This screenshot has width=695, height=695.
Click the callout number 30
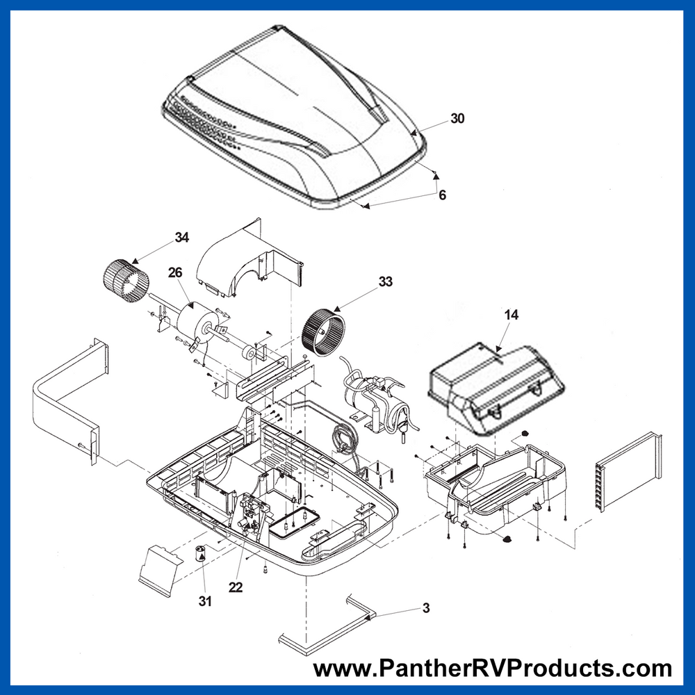[x=457, y=118]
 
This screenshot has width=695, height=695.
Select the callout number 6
[x=442, y=195]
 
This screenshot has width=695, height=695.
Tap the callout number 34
[x=181, y=238]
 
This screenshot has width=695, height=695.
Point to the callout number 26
[x=175, y=272]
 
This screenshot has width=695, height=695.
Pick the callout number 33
[x=385, y=281]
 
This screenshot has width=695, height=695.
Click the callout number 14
[x=511, y=315]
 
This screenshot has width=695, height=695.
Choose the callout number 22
[x=236, y=587]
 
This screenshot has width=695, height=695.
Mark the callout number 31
[x=205, y=601]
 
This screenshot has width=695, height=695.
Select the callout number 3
[x=426, y=607]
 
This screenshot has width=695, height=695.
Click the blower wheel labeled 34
[x=126, y=281]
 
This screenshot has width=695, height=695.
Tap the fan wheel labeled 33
[x=322, y=331]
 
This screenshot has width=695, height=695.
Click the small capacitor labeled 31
[x=201, y=553]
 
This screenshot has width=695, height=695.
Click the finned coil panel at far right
[x=628, y=473]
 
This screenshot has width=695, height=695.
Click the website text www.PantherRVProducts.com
[x=493, y=668]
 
